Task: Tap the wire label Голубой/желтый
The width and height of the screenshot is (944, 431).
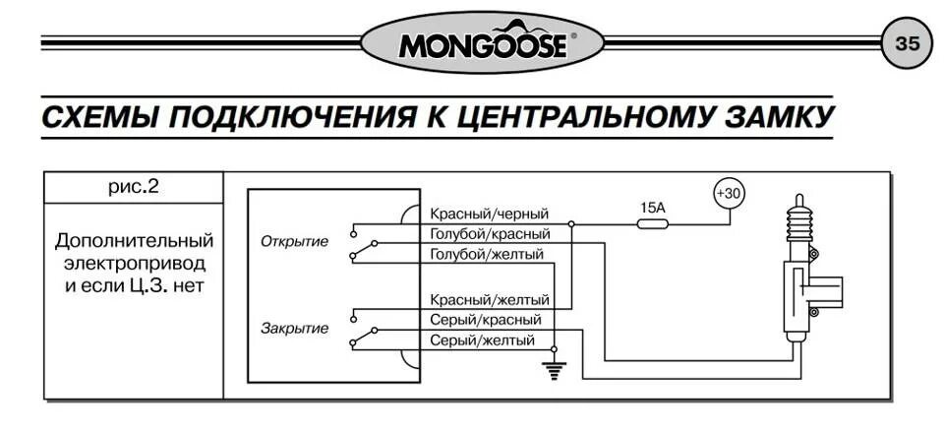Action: (x=486, y=255)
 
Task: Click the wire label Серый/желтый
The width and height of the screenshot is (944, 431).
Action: (x=482, y=340)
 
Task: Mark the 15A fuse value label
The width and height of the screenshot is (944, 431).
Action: (x=653, y=208)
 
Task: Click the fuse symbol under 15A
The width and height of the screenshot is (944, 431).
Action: (x=653, y=223)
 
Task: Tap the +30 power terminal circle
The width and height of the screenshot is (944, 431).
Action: (x=729, y=194)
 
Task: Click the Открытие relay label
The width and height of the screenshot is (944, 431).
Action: (x=295, y=241)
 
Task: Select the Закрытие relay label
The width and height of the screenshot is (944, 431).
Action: (x=295, y=328)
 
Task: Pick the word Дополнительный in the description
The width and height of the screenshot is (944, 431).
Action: (x=134, y=241)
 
